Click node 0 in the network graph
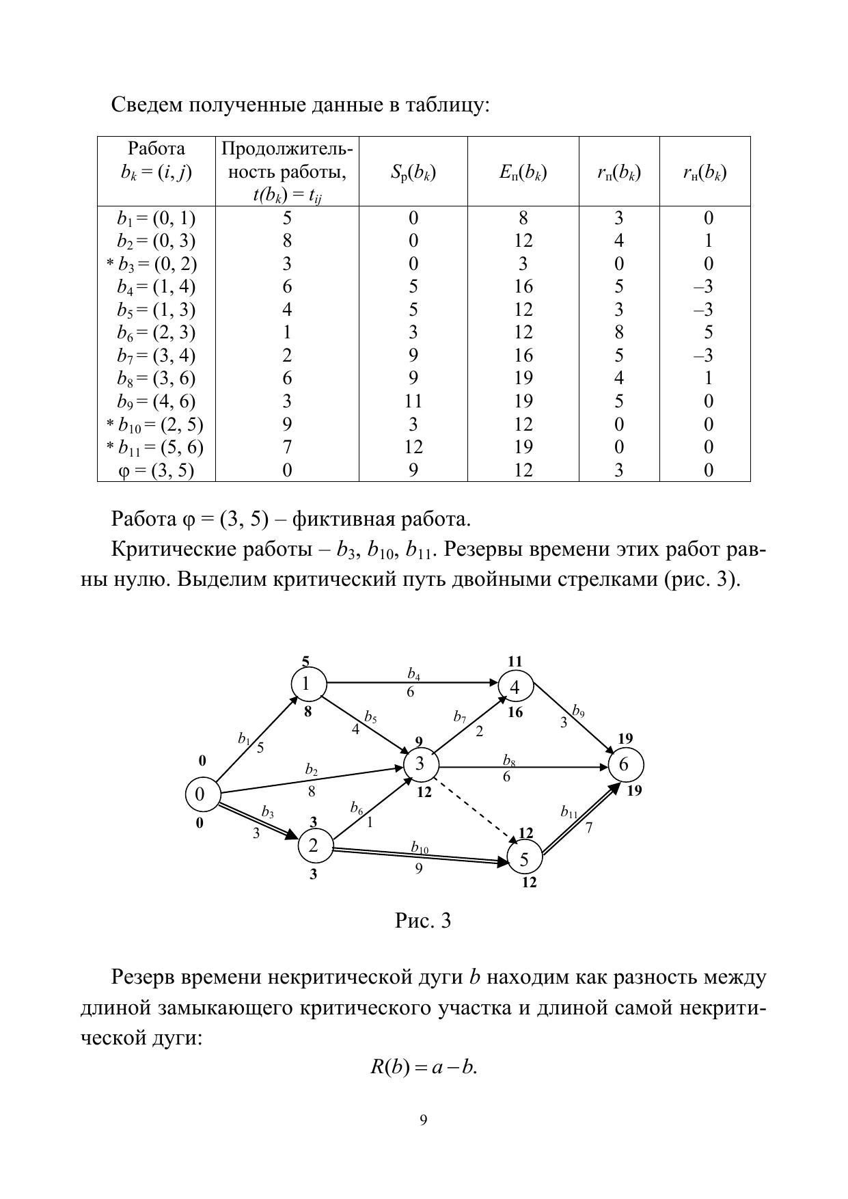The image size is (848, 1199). pos(200,794)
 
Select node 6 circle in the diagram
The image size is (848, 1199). pos(624,764)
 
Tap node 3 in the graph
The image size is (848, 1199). pos(420,764)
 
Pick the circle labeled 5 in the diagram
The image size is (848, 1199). pos(524,859)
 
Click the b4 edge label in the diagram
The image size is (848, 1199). pos(413,675)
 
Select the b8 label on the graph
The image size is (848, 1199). pos(509,760)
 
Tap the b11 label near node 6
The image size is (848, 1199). pos(569,812)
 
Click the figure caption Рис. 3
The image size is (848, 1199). pos(423,921)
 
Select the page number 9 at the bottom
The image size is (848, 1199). pos(424,1120)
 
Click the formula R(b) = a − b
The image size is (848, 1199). pos(424,1067)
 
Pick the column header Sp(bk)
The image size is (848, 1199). pos(413,172)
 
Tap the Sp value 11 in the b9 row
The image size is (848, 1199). pos(413,401)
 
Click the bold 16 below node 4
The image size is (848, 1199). pos(515,712)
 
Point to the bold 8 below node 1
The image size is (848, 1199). pos(307,712)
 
